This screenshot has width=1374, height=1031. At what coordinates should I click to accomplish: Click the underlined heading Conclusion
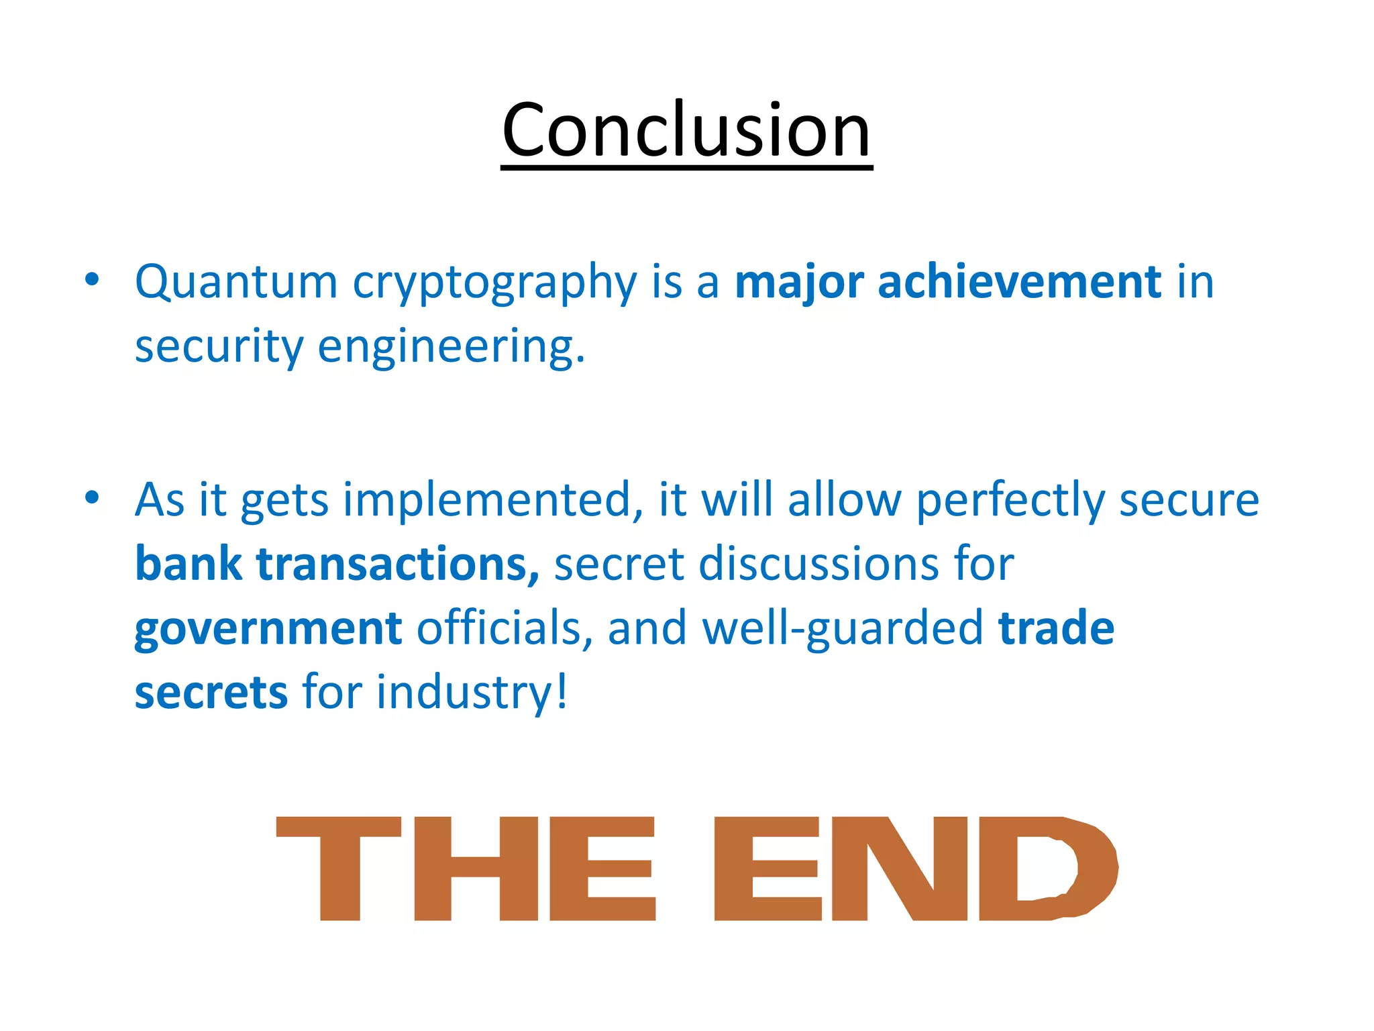[x=686, y=131]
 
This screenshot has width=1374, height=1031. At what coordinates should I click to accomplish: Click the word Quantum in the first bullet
[x=236, y=282]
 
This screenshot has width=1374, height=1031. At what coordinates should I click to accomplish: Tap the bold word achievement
[x=1019, y=282]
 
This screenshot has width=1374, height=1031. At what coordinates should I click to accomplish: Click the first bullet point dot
[x=93, y=279]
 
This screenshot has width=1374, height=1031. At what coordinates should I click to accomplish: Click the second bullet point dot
[x=93, y=497]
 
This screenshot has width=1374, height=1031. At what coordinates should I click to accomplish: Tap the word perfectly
[x=1010, y=501]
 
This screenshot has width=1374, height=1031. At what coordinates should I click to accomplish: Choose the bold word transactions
[x=397, y=564]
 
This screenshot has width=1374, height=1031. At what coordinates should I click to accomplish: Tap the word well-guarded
[x=843, y=628]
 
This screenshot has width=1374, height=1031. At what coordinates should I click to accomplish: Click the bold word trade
[x=1056, y=628]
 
